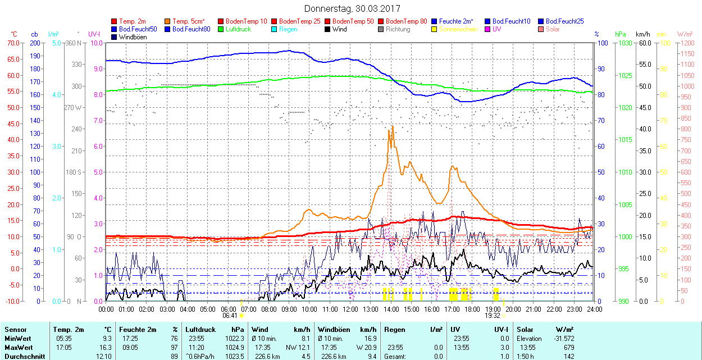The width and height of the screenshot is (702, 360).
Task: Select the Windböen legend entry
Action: coord(133,37)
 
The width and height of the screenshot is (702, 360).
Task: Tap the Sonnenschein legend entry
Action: coord(458,29)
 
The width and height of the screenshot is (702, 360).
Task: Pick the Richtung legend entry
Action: coord(398,29)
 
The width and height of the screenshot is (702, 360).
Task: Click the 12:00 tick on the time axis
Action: coord(350,309)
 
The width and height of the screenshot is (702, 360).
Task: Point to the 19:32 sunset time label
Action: coord(493,316)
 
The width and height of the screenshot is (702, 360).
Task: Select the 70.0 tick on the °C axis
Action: coord(12,43)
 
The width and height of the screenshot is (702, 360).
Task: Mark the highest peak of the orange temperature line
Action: coord(391,126)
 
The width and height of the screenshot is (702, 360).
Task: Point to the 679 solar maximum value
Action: coord(568,347)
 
